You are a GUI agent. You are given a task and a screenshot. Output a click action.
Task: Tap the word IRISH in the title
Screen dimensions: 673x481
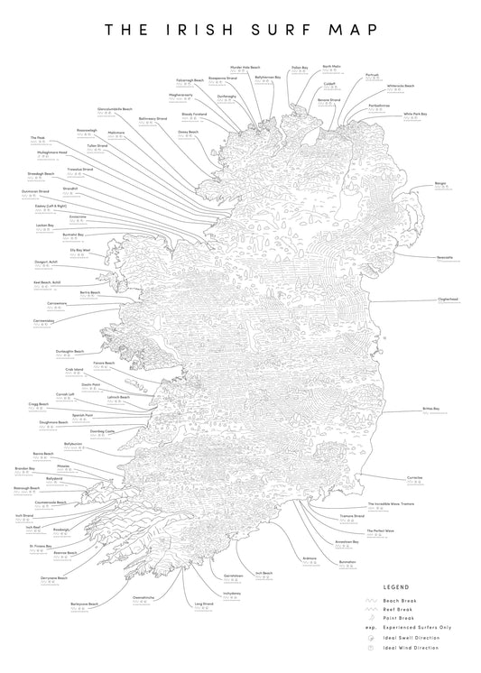point(199,29)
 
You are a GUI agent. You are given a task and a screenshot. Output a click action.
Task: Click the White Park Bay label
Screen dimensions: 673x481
point(415,114)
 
